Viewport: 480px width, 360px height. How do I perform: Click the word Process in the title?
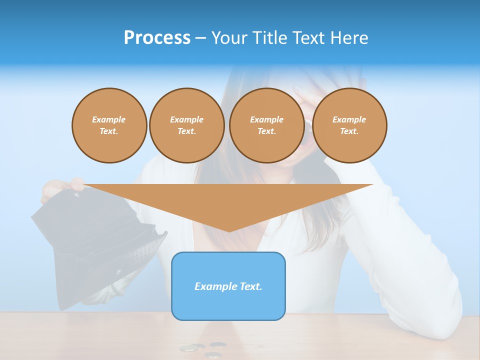click(157, 38)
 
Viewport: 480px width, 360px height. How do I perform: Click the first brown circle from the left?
click(109, 125)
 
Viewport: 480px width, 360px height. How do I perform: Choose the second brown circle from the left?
click(186, 125)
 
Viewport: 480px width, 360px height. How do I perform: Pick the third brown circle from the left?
click(266, 125)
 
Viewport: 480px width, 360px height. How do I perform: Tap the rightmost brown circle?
click(349, 125)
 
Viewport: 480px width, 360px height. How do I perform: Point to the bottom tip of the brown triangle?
click(229, 231)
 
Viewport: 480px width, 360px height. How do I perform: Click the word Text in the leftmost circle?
click(109, 131)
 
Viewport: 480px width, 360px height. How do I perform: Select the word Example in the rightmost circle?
click(349, 119)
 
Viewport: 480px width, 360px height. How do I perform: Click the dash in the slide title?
click(200, 38)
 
